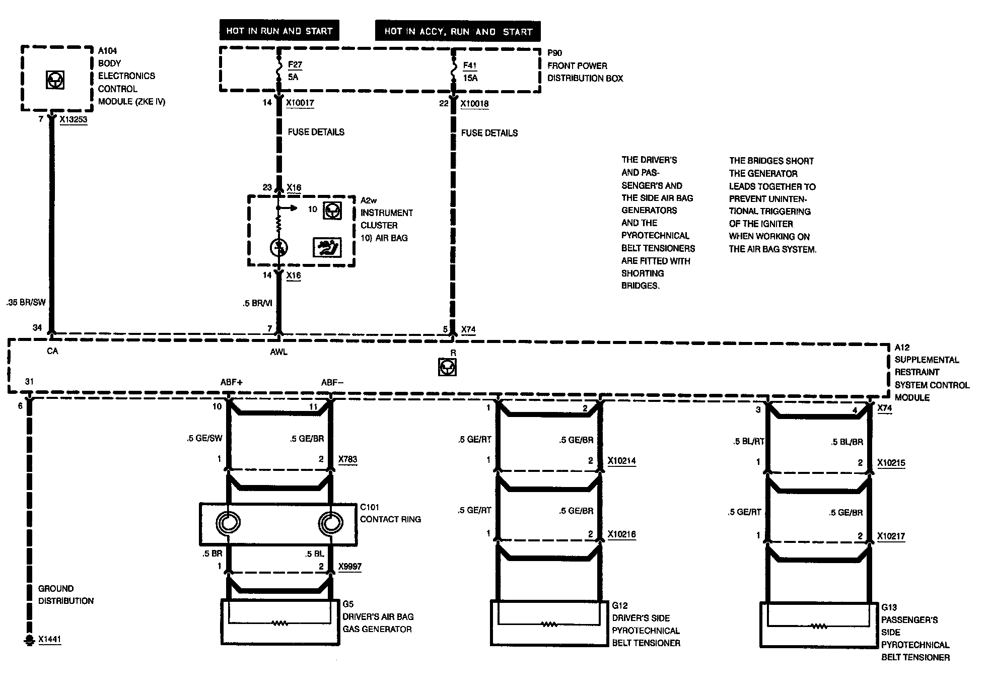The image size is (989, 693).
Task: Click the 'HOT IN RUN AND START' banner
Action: click(x=279, y=31)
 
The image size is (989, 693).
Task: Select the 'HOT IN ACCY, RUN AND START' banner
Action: click(x=458, y=31)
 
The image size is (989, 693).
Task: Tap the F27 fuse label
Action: click(x=295, y=64)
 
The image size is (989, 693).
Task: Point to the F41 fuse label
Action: click(x=469, y=65)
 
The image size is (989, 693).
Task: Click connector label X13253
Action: click(x=73, y=119)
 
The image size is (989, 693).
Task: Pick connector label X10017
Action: click(x=300, y=103)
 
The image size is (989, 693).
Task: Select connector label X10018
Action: click(x=474, y=104)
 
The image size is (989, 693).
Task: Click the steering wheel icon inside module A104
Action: click(x=55, y=80)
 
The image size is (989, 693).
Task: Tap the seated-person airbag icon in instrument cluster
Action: click(x=327, y=247)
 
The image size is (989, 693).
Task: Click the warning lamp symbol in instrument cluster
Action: click(x=278, y=248)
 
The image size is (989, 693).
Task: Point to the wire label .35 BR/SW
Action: click(x=26, y=302)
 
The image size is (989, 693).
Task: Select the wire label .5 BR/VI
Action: click(x=257, y=303)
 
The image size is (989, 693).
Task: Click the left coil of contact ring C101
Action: click(x=228, y=524)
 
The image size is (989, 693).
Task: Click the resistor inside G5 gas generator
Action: click(x=279, y=623)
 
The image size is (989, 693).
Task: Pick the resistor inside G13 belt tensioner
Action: click(x=819, y=627)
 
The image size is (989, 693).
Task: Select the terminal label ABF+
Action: click(x=232, y=382)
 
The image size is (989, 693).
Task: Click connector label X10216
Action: click(x=621, y=534)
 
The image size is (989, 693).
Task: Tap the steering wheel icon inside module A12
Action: click(x=447, y=367)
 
